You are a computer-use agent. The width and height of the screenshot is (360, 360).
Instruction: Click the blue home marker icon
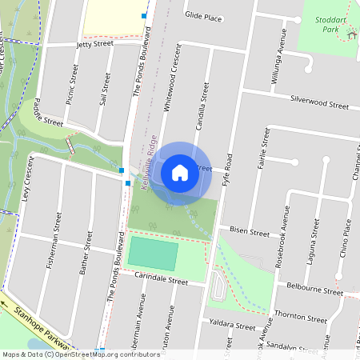180,173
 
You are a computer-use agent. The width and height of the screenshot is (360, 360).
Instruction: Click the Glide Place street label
203,16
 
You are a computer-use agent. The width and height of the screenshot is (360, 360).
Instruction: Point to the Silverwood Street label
319,105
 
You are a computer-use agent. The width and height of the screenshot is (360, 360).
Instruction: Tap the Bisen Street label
250,233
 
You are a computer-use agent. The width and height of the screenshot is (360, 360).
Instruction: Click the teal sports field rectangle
152,254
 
